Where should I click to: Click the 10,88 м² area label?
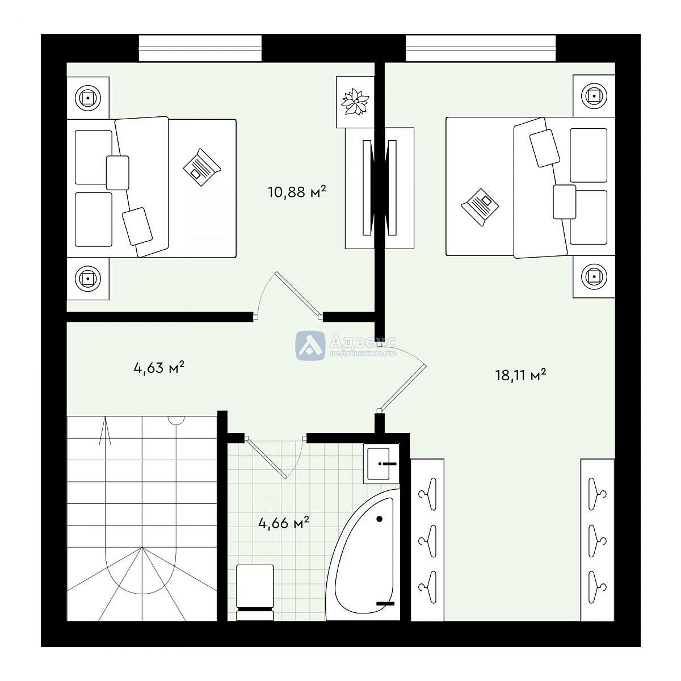point(296,192)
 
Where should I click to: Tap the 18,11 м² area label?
point(520,375)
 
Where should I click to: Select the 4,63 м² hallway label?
point(159,368)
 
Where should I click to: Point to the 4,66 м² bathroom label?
point(284,523)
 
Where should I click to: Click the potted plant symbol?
point(355,102)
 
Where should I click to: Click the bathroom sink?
point(381,463)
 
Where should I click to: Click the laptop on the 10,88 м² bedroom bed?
point(202,167)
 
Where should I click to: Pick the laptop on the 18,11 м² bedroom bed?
point(480,207)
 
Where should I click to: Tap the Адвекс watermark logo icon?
point(310,346)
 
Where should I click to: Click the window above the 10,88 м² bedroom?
point(200,48)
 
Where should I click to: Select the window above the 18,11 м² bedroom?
point(481,48)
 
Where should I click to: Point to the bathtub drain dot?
point(380,519)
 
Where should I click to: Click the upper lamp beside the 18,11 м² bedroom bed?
point(594,96)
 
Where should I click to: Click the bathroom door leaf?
point(266,458)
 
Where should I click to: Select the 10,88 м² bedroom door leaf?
point(299,294)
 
